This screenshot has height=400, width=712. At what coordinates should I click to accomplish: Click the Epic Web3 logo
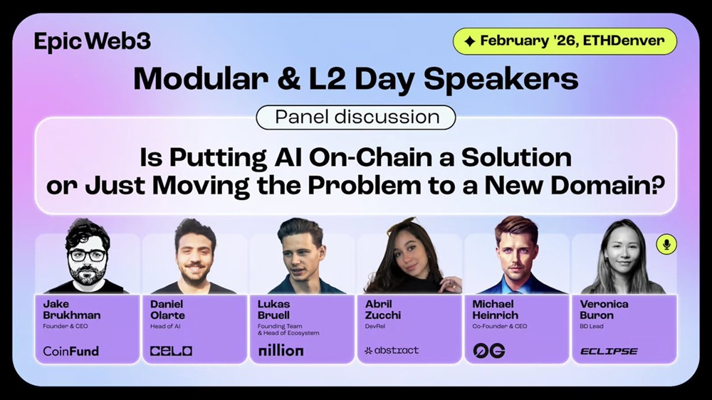[x=92, y=41]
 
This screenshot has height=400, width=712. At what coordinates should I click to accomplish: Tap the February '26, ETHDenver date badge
[x=565, y=41]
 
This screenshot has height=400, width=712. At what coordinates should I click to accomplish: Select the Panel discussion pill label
[x=356, y=117]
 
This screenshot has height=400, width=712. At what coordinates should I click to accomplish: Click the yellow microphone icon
[x=666, y=244]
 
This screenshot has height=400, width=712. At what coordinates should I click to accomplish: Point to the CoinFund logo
[x=70, y=350]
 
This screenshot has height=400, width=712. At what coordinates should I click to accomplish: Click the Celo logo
[x=171, y=350]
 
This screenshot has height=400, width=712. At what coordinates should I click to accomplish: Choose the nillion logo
[x=281, y=350]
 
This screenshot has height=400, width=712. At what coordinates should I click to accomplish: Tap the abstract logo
[x=392, y=350]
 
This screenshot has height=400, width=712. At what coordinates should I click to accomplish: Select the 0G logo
[x=489, y=350]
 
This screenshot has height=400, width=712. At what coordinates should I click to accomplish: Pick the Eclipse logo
[x=609, y=351]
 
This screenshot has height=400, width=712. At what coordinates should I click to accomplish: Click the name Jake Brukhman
[x=72, y=310]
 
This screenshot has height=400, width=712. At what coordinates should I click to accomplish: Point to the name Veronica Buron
[x=604, y=310]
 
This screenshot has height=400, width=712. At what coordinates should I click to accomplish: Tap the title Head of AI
[x=165, y=326]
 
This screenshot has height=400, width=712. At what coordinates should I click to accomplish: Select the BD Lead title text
[x=591, y=326]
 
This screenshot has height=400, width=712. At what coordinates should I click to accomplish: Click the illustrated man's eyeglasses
[x=88, y=256]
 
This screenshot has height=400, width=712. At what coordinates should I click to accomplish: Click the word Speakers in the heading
[x=501, y=80]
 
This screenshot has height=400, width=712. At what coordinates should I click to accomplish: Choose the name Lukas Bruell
[x=274, y=310]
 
